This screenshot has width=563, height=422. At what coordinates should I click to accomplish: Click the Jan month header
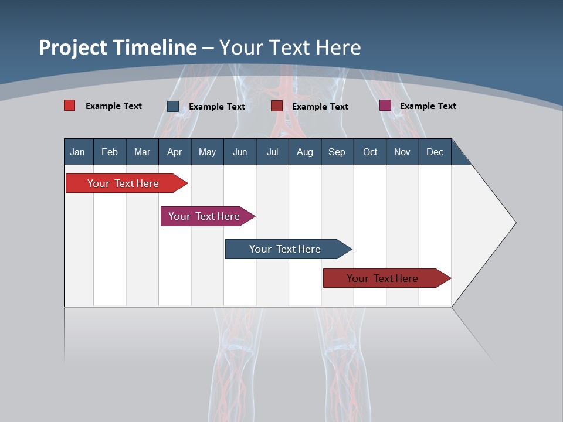[x=78, y=152]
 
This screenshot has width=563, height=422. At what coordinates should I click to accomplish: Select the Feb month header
[x=110, y=152]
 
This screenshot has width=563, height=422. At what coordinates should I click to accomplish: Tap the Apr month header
[x=175, y=152]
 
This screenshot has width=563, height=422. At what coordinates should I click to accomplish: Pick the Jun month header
[x=240, y=152]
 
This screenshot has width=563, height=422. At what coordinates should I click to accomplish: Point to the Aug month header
[x=305, y=152]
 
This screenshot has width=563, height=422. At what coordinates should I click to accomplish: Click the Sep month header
[x=337, y=152]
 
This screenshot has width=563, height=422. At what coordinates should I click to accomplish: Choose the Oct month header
[x=370, y=152]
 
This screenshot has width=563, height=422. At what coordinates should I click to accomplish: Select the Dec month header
[x=435, y=152]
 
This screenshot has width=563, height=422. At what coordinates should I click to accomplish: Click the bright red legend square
[x=70, y=105]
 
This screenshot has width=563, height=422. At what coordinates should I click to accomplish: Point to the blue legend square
[x=173, y=106]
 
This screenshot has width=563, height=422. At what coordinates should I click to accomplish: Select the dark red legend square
[x=277, y=106]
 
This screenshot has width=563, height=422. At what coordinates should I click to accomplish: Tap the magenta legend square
[x=385, y=105]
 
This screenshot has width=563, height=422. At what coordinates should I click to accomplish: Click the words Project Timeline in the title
[x=118, y=47]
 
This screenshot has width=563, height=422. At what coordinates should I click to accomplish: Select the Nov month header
[x=402, y=152]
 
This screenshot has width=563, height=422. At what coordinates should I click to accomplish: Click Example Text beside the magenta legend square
[x=428, y=106]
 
